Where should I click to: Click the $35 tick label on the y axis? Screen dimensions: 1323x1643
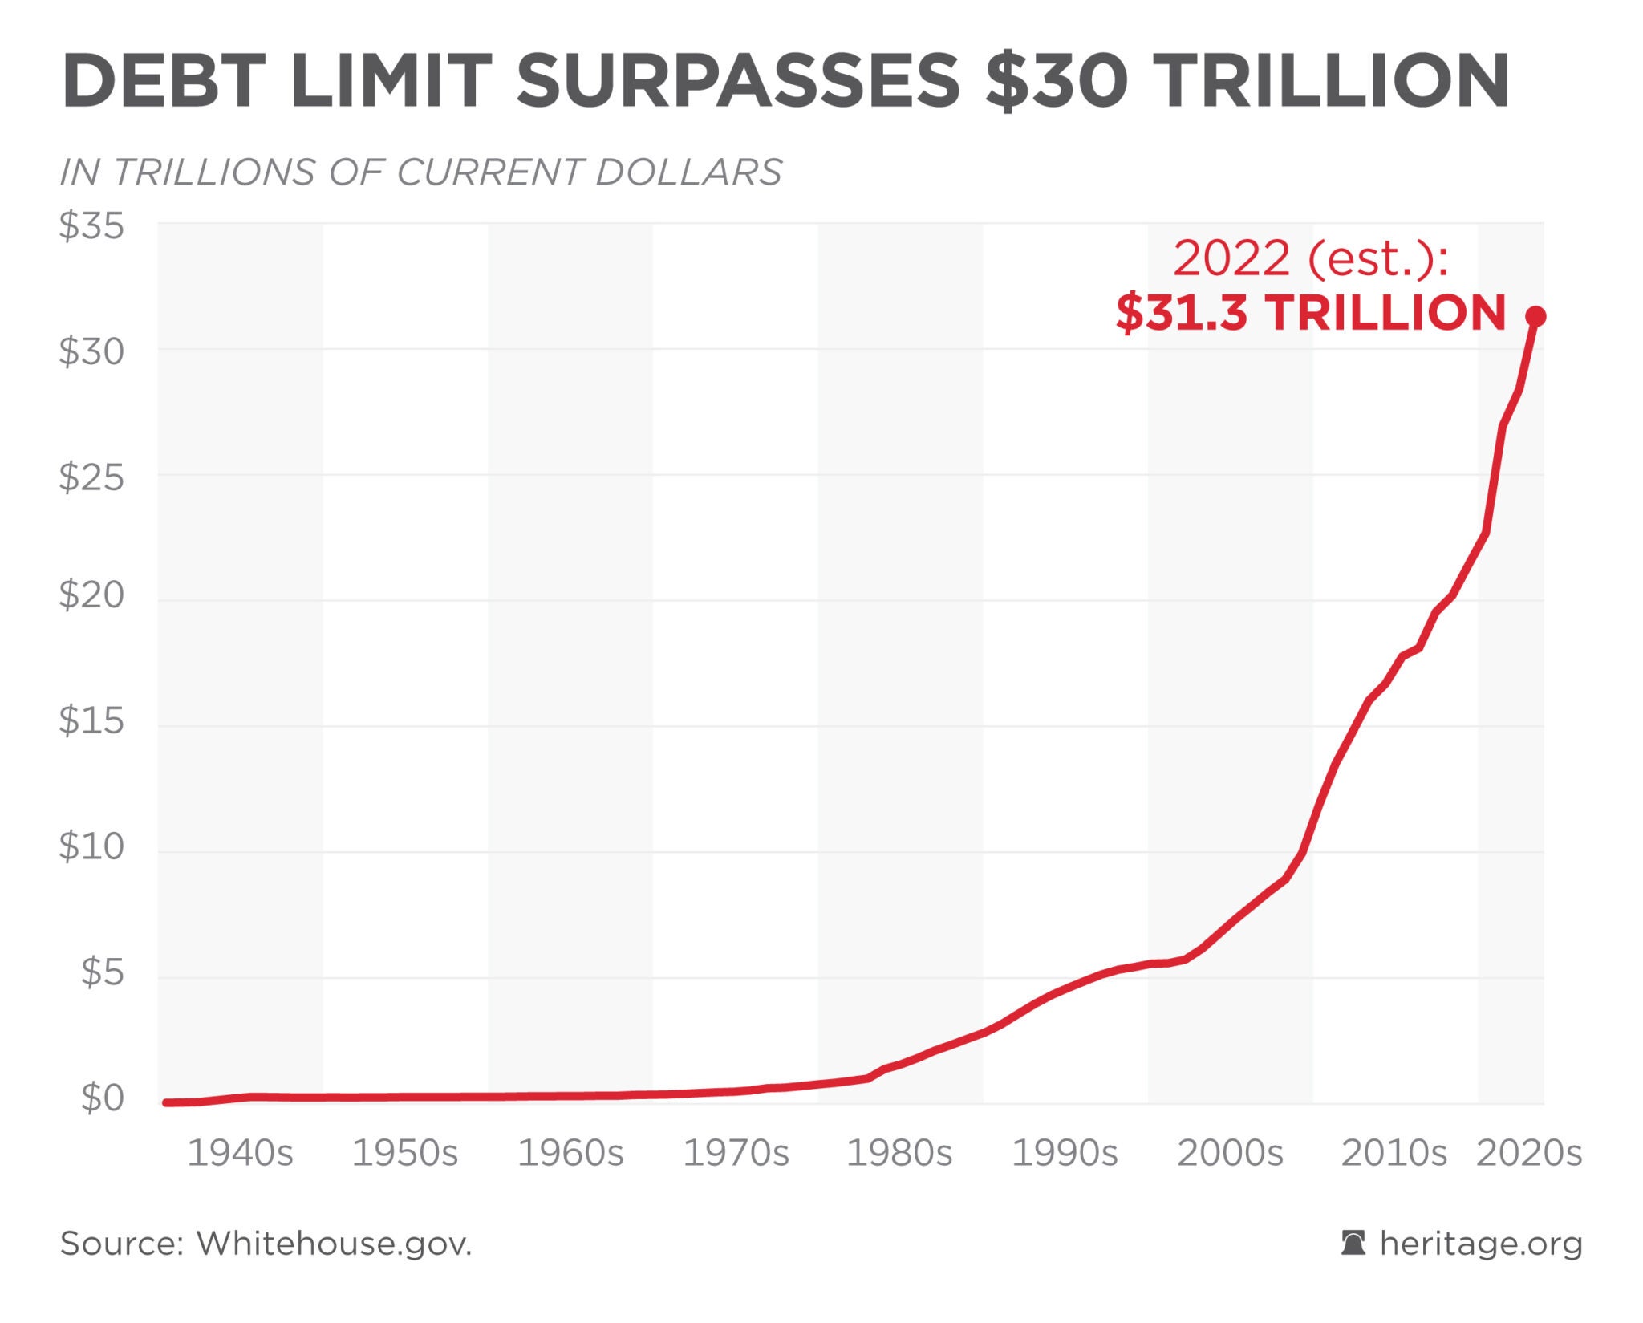(91, 226)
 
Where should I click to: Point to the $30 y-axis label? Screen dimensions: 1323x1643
(91, 351)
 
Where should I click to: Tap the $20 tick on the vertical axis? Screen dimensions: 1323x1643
(91, 595)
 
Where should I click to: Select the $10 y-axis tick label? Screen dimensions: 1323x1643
(91, 846)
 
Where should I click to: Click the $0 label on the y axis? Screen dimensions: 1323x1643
(103, 1098)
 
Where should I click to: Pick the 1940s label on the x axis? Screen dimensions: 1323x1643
(240, 1154)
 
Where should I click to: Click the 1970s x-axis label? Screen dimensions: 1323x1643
(735, 1154)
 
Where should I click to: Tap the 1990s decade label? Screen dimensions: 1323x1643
(1065, 1154)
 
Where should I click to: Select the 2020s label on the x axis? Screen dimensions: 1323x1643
(1529, 1154)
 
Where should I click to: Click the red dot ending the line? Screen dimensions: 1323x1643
(1535, 316)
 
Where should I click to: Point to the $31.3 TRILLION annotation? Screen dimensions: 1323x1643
(1311, 312)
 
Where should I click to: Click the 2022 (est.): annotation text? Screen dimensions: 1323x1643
(1311, 258)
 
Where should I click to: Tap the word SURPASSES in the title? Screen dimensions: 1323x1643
(738, 80)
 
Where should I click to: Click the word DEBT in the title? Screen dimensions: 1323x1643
(164, 80)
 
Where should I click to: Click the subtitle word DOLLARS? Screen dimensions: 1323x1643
(688, 172)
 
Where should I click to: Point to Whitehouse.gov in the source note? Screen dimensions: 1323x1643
(335, 1244)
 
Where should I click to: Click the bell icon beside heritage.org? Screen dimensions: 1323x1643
(1353, 1243)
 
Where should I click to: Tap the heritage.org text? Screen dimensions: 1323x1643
(1481, 1244)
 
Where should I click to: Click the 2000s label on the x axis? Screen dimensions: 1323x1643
(1230, 1154)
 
